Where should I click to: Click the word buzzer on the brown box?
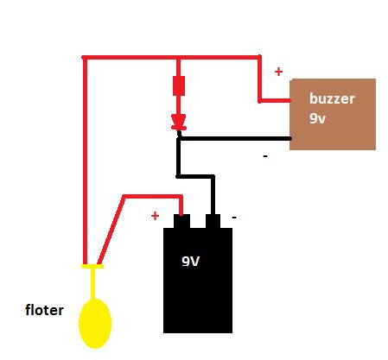coord(332,98)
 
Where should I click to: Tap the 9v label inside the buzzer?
coord(317,118)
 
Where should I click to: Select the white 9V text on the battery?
coord(191,262)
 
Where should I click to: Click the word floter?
coord(44,310)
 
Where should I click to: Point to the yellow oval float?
coord(95,324)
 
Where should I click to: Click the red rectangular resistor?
coord(179,85)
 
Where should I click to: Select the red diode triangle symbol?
coord(179,122)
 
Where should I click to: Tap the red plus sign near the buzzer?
coord(278,72)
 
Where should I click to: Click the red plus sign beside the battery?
coord(155,216)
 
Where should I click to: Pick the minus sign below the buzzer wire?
coord(265,156)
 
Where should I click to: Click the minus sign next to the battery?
coord(234,218)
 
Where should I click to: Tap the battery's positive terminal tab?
coord(181,221)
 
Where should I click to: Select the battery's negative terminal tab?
coord(213,221)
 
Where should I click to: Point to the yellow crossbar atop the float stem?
coord(92,267)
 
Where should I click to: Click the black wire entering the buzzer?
coord(234,138)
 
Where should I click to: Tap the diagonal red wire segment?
coord(111,230)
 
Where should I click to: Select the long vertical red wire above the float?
coord(85,161)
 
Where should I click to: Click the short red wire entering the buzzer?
coord(275,100)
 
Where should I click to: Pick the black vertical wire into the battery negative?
coord(213,195)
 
